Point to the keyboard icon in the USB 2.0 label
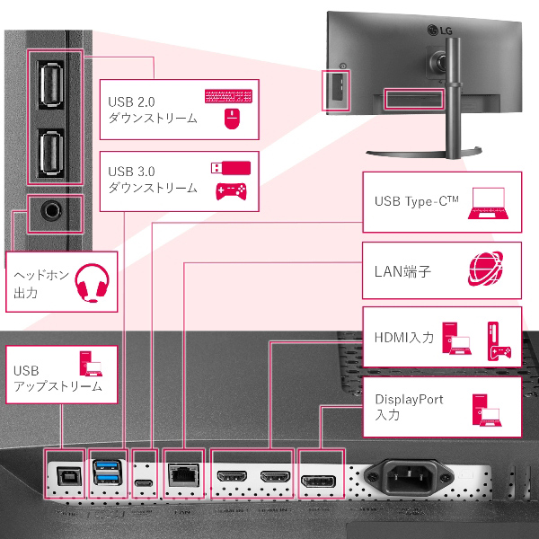pyautogui.click(x=228, y=97)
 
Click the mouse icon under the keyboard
pyautogui.click(x=230, y=119)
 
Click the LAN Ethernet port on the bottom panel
pyautogui.click(x=183, y=473)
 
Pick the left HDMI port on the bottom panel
pyautogui.click(x=232, y=475)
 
